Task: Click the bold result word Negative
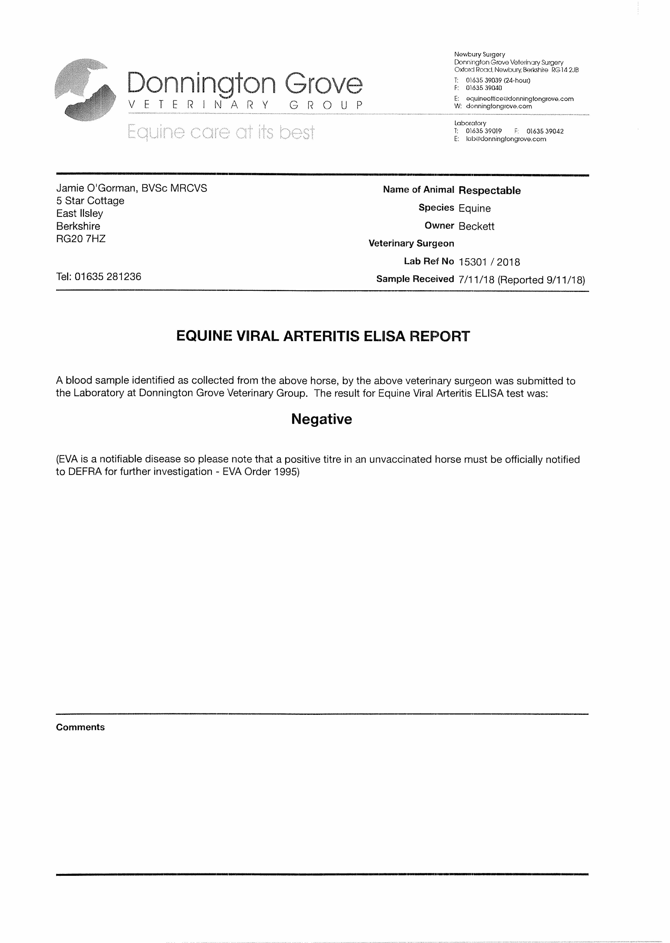tap(321, 419)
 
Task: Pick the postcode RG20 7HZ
tap(81, 239)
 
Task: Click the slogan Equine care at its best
tap(221, 132)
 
